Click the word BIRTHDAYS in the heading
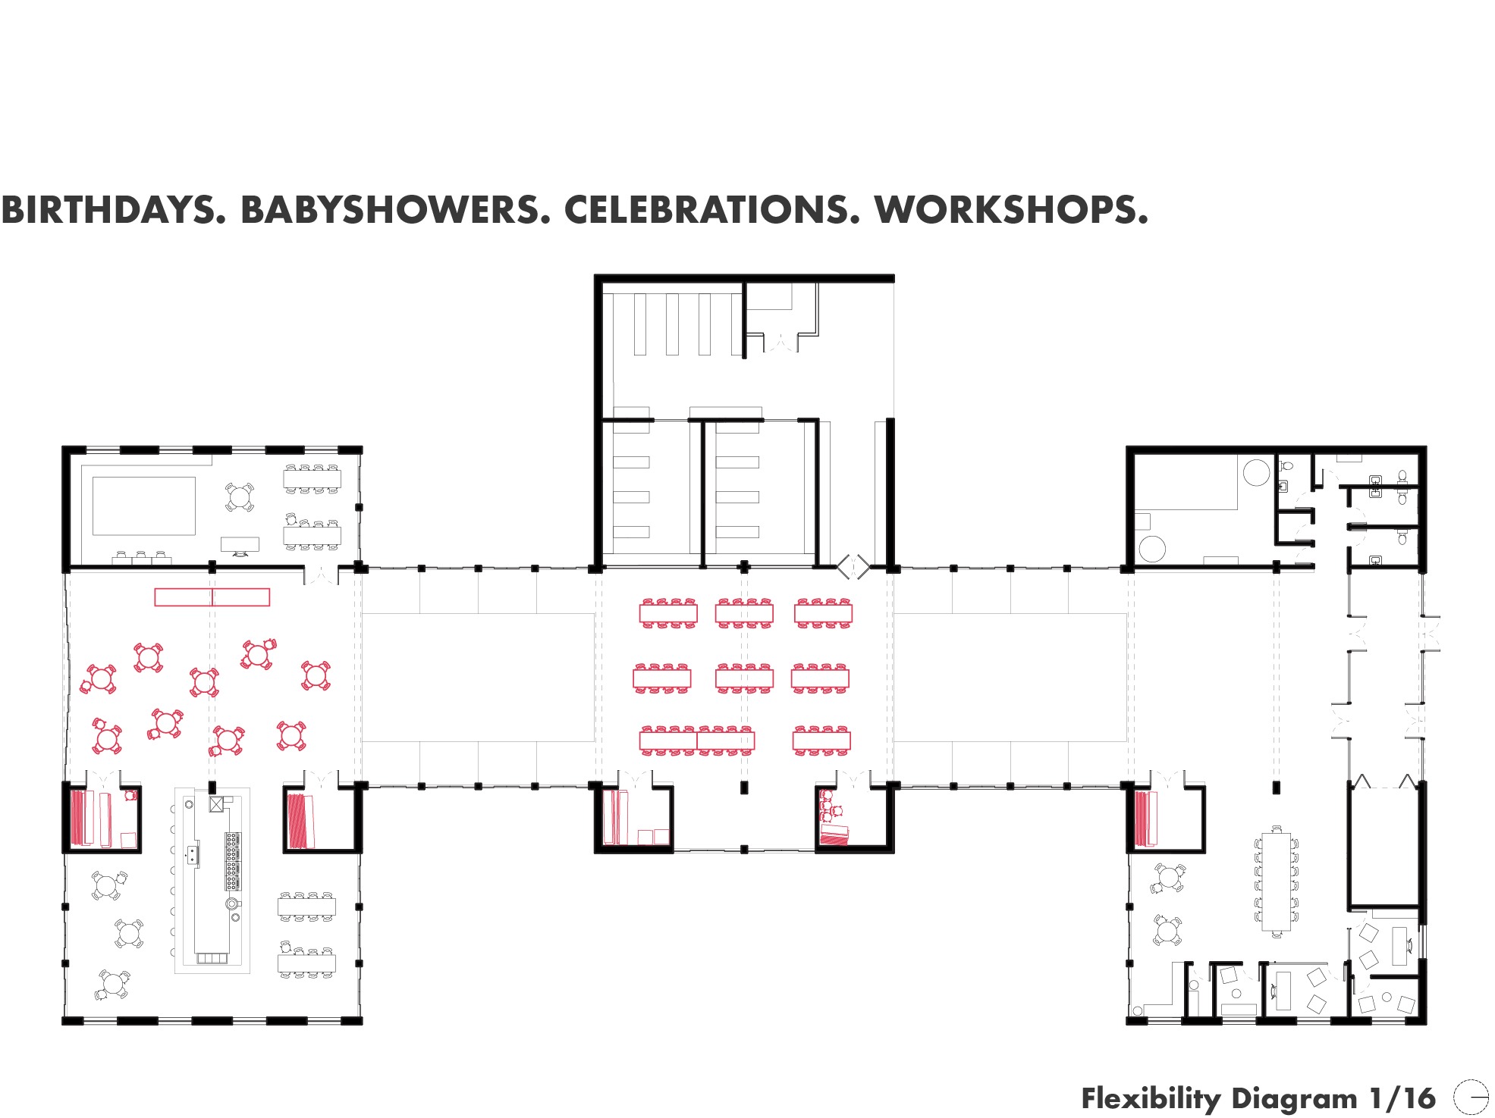114,210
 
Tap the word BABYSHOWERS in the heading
395,210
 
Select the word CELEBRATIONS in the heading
712,210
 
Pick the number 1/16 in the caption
1402,1098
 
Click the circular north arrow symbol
1471,1097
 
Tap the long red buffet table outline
212,597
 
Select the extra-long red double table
697,741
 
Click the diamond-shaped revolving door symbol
853,566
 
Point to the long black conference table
1276,882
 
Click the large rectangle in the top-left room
144,506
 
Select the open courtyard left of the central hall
478,677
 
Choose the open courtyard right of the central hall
1010,677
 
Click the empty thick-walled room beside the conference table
1384,847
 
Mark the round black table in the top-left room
240,497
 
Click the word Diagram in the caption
1294,1099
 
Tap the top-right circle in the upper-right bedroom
1256,472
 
